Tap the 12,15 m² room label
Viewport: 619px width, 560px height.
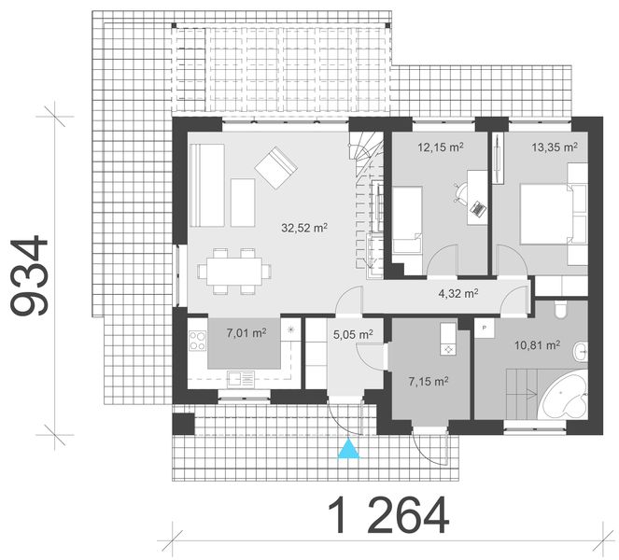(x=441, y=147)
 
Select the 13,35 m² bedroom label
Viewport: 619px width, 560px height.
(x=555, y=147)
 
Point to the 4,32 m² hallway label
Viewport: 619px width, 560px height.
(x=458, y=292)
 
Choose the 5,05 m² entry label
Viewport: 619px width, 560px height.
(x=352, y=332)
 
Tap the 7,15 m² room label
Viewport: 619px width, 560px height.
(x=429, y=381)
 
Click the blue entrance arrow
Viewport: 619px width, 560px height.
(x=347, y=450)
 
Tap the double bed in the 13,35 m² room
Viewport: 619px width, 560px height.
(x=550, y=213)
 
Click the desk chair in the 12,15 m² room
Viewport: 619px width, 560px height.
(x=459, y=190)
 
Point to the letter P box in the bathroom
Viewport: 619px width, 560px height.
(x=485, y=329)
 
